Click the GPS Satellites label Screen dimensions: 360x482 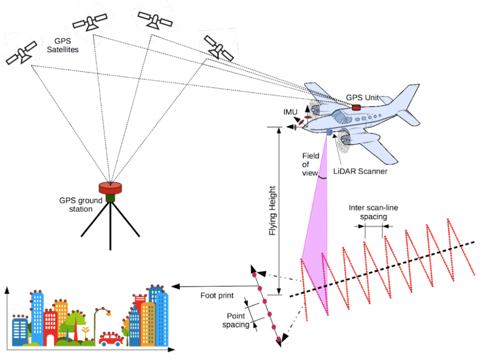(x=66, y=45)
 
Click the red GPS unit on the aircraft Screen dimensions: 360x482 (x=357, y=107)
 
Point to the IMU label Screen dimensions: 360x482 (x=290, y=112)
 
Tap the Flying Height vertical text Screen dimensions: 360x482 (x=273, y=210)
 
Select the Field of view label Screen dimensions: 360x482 (x=311, y=164)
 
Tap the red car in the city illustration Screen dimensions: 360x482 (x=111, y=339)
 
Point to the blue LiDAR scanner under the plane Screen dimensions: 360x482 (x=328, y=133)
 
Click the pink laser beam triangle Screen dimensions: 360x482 (x=318, y=238)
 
